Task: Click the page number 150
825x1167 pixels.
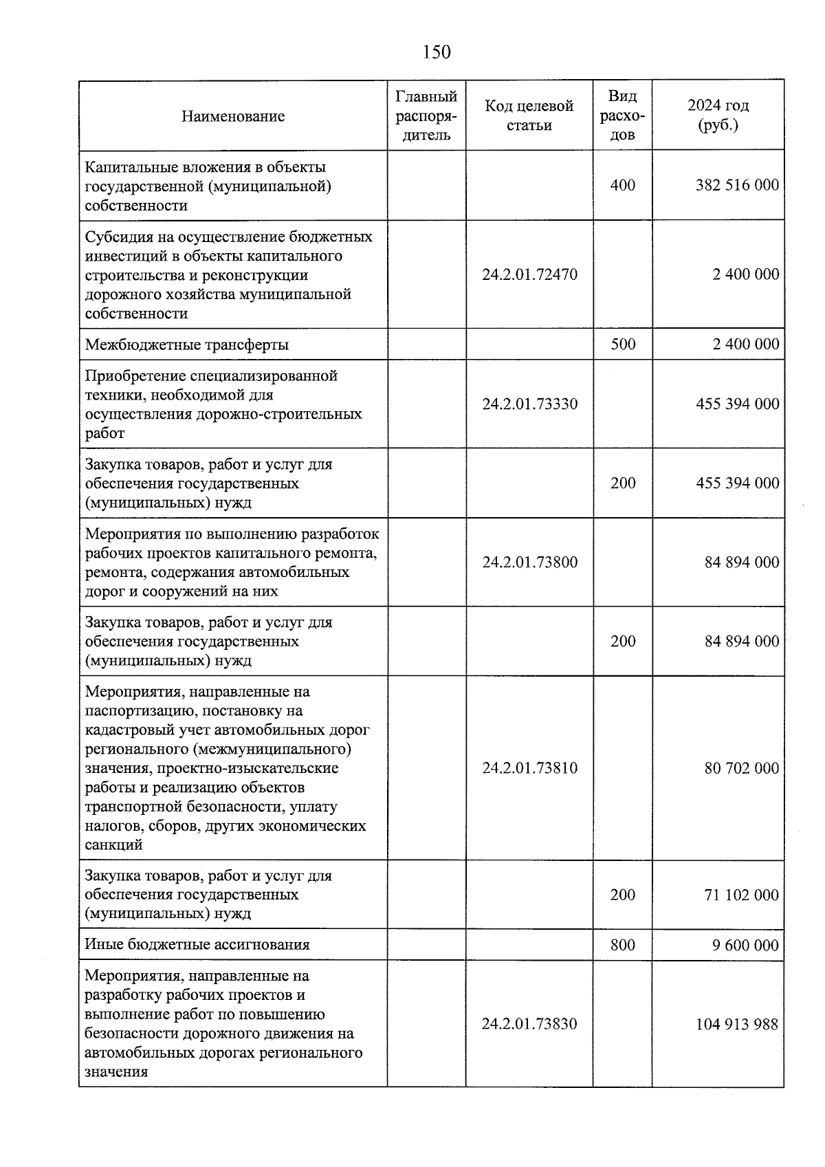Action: [437, 52]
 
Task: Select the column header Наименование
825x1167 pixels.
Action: [233, 116]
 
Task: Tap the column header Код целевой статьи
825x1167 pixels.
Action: [529, 116]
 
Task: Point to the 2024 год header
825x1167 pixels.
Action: [718, 116]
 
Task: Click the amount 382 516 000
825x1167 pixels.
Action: [737, 186]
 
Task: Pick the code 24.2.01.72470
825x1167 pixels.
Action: [529, 274]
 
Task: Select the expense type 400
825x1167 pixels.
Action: [623, 186]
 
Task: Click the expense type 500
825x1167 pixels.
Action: [623, 345]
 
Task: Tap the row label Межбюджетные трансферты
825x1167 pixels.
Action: [187, 345]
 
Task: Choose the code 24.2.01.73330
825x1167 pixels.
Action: [529, 404]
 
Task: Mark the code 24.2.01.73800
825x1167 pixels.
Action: [529, 563]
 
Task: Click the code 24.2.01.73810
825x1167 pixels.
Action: [529, 768]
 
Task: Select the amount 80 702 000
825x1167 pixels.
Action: [742, 768]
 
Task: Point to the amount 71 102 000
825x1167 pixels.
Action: [742, 895]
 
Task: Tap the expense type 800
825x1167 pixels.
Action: [623, 945]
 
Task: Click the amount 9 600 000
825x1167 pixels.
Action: [745, 945]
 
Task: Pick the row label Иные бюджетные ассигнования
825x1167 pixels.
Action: [197, 945]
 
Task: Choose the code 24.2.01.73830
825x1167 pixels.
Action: [529, 1024]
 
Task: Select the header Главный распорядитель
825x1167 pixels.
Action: [426, 116]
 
